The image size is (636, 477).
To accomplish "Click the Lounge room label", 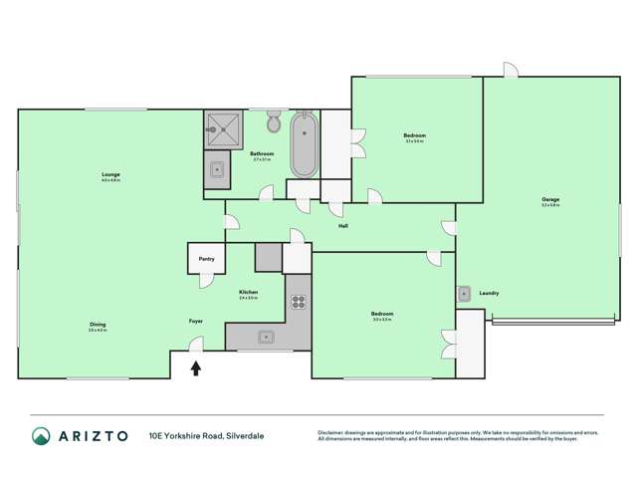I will (110, 175).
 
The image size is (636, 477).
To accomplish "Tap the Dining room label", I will (98, 324).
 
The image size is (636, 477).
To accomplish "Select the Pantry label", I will (206, 259).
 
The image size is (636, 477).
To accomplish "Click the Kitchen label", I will (248, 292).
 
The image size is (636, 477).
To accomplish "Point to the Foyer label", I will (196, 322).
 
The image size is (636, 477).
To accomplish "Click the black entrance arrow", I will (196, 368).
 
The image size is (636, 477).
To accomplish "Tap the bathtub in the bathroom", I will (304, 144).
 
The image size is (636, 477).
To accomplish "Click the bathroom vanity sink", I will (216, 170).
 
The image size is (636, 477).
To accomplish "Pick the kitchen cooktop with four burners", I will (298, 300).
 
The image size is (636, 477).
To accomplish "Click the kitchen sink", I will (267, 337).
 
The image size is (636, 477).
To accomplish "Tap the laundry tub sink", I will (464, 294).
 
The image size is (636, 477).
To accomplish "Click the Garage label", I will (550, 199).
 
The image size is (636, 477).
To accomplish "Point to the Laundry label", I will (489, 293).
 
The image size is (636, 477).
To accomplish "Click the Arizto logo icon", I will (41, 435).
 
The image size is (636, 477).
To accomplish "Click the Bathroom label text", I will (262, 153).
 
